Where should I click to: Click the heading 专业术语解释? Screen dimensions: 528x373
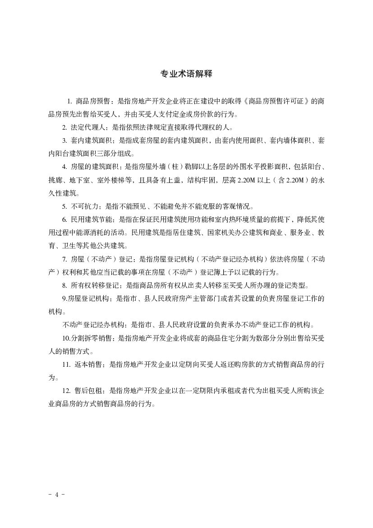[x=186, y=74]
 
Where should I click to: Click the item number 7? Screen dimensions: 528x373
[x=64, y=259]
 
